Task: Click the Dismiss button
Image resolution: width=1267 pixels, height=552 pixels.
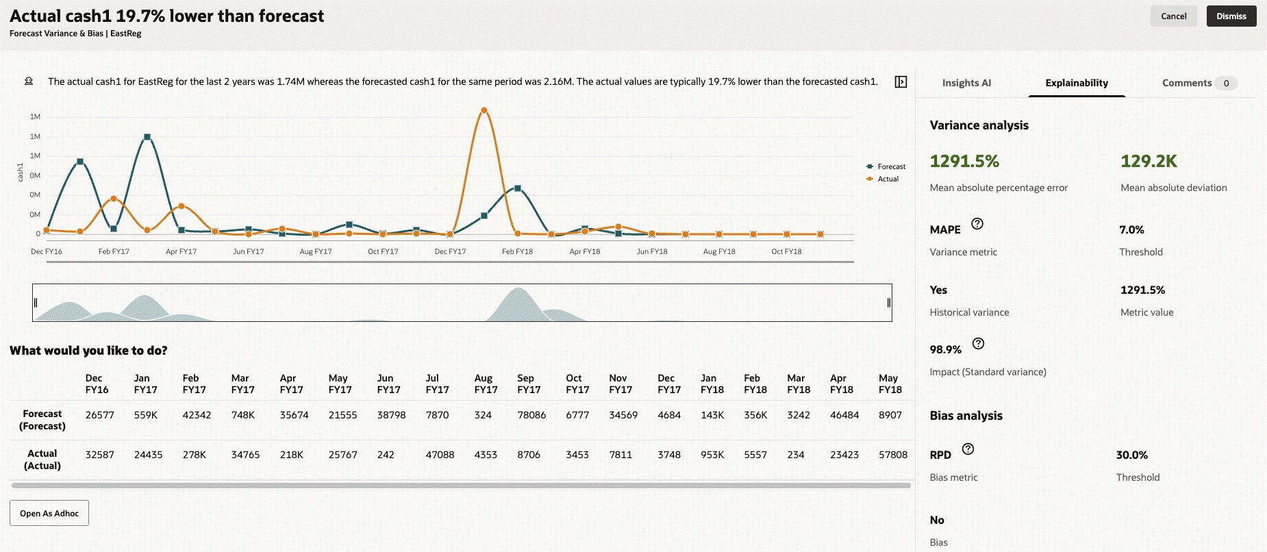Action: pos(1231,16)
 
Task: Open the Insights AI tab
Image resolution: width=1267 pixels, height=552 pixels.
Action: pos(966,83)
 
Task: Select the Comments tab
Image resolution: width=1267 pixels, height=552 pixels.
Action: pos(1187,83)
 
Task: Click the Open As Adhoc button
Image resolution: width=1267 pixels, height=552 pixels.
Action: pos(49,513)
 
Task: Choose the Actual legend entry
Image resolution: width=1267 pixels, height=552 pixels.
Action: pos(888,179)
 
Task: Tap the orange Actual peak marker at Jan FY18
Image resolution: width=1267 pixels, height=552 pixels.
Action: pos(484,110)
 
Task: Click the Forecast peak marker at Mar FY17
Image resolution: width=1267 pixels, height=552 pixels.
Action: pos(147,137)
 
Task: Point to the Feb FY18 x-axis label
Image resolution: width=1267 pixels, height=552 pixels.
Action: pos(517,251)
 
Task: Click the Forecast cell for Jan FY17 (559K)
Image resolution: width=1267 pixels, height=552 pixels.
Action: pos(146,415)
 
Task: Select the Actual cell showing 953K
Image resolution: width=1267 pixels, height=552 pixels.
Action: pos(712,455)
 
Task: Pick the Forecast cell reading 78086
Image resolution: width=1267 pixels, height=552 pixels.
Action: pos(531,415)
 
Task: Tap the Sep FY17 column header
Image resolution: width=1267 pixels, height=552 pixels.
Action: pos(529,384)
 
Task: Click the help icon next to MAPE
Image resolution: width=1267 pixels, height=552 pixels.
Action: pos(977,223)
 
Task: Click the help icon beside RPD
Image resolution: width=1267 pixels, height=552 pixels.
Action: pos(968,449)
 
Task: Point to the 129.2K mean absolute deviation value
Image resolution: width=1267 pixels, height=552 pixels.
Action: pos(1149,162)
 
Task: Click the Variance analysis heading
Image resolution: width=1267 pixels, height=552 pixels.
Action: pos(979,125)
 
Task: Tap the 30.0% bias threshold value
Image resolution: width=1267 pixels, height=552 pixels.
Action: pos(1131,455)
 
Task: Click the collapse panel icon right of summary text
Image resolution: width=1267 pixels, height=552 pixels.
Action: pos(901,82)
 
